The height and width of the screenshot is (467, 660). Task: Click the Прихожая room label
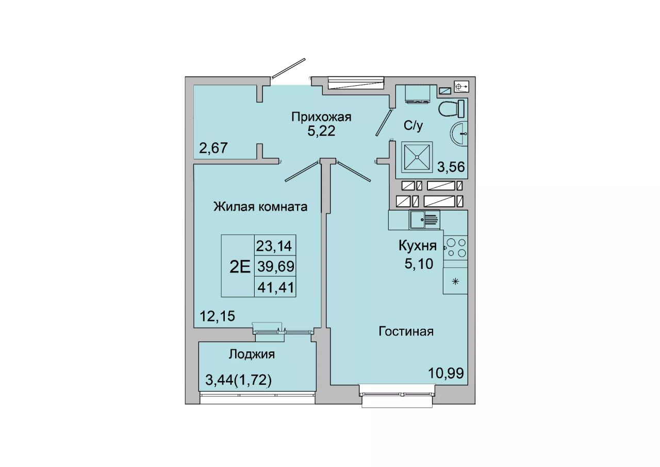(321, 117)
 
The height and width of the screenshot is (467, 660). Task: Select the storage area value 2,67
(213, 148)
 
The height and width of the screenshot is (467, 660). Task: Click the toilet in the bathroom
(451, 109)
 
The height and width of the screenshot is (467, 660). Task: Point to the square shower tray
(417, 157)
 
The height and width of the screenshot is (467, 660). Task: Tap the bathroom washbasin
(458, 133)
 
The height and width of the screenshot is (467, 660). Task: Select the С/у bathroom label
(414, 126)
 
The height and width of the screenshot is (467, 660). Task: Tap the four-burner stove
(455, 248)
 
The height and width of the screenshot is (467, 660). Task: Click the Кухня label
(418, 246)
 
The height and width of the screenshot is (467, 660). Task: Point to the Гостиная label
(406, 332)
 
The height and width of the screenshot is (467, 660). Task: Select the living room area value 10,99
(446, 374)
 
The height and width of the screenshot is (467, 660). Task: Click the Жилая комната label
(260, 207)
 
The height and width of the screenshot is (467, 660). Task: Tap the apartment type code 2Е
(240, 267)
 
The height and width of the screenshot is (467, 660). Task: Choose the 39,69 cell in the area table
(275, 267)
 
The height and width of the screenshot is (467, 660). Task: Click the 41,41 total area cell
(275, 287)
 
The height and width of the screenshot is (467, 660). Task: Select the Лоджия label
(252, 355)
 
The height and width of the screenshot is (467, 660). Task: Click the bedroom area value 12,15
(218, 316)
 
